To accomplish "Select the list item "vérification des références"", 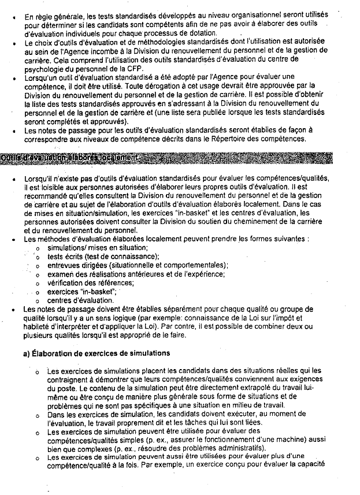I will click(91, 282).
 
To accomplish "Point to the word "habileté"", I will click(39, 326).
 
